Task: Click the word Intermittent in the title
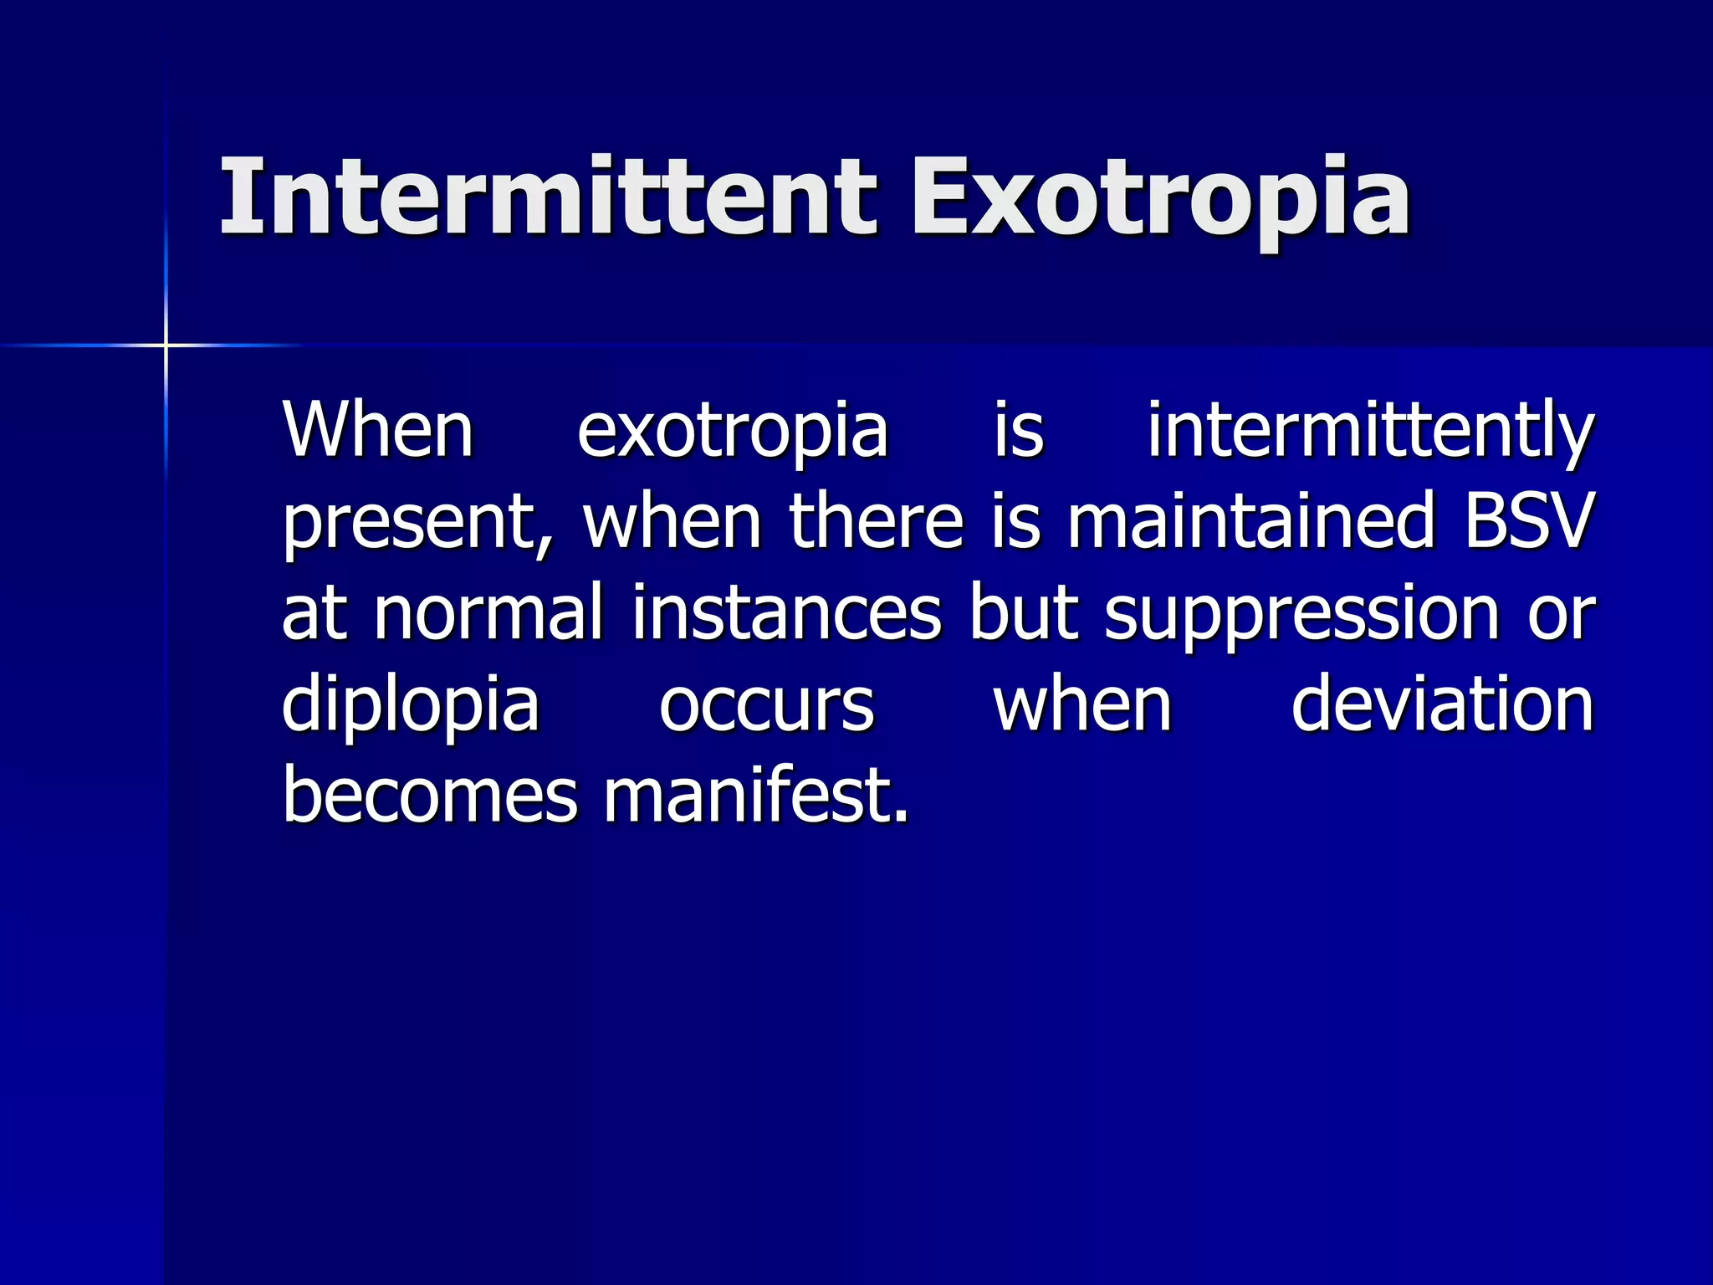[x=548, y=197]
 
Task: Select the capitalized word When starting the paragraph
[x=378, y=430]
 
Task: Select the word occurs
[x=766, y=706]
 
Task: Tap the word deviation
[x=1442, y=704]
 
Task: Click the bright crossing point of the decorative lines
[x=166, y=345]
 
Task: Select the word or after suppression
[x=1562, y=616]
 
